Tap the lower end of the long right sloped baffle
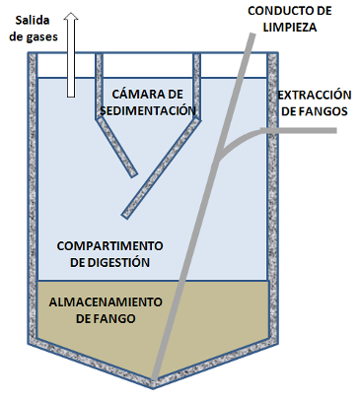pyautogui.click(x=125, y=213)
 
